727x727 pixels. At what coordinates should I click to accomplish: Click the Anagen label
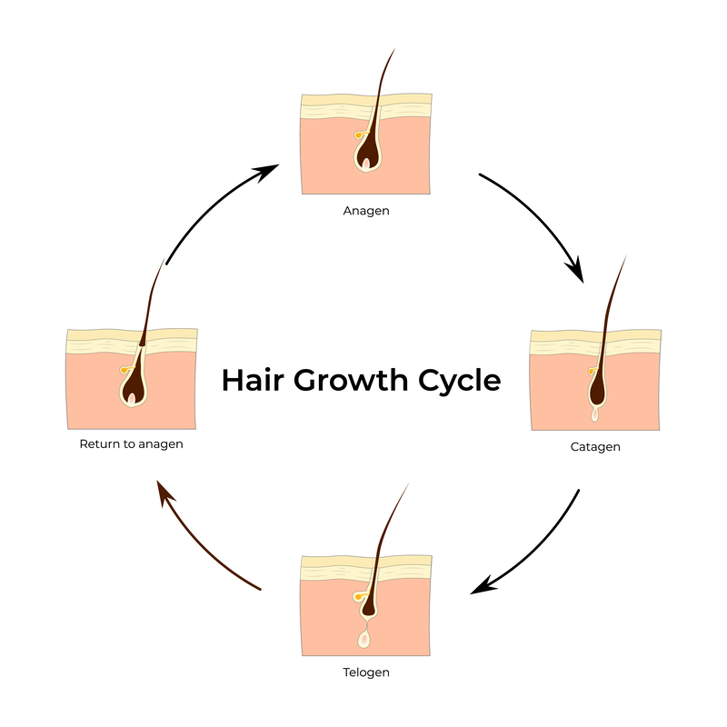click(365, 211)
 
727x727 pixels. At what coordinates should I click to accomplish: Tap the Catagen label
click(595, 446)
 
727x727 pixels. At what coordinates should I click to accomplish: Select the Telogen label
click(365, 672)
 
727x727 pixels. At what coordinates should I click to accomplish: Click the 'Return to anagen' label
click(131, 444)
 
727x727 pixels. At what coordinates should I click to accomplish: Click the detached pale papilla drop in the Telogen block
click(365, 639)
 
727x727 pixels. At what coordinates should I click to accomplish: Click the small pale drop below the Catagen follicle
click(594, 414)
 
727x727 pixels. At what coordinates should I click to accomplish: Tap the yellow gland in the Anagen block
click(358, 135)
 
